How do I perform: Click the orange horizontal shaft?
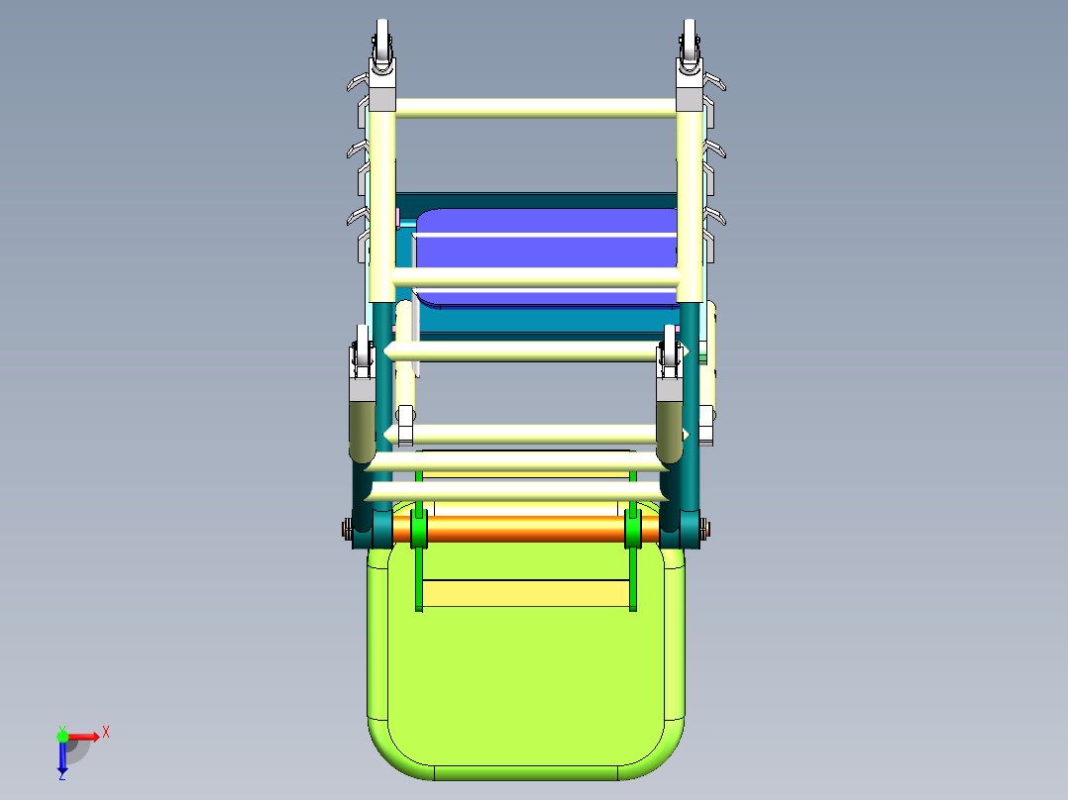pyautogui.click(x=525, y=528)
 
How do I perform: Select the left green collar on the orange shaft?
pyautogui.click(x=417, y=531)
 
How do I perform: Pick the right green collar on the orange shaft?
pyautogui.click(x=632, y=531)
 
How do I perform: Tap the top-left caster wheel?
pyautogui.click(x=382, y=42)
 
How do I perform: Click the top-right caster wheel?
pyautogui.click(x=690, y=42)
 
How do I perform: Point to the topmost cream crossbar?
pyautogui.click(x=535, y=108)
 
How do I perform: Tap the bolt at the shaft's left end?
pyautogui.click(x=347, y=530)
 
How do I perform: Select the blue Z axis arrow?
pyautogui.click(x=61, y=758)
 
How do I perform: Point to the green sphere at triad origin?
pyautogui.click(x=62, y=736)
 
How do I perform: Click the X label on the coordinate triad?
pyautogui.click(x=105, y=732)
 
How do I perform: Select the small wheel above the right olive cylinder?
pyautogui.click(x=671, y=357)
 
